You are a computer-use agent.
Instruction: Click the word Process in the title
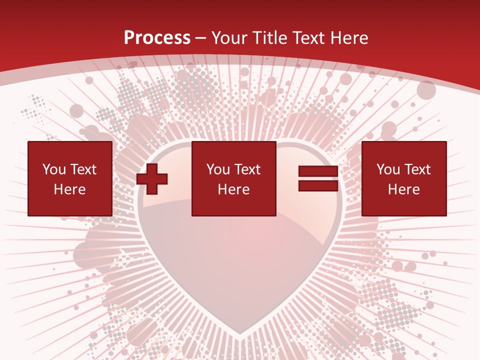tap(157, 37)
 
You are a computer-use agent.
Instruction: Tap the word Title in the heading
tap(270, 37)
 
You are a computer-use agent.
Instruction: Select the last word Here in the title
tap(349, 37)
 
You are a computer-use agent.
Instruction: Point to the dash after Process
tap(201, 38)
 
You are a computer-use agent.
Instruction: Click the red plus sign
tap(152, 178)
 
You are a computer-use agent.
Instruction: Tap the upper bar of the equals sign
tap(318, 171)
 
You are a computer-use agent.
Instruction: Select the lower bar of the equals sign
tap(318, 185)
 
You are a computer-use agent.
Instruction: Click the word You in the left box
tap(53, 169)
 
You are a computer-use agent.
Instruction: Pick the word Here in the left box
tap(69, 189)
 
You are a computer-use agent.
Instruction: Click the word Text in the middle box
tap(247, 169)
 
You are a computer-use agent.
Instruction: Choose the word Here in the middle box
tap(233, 189)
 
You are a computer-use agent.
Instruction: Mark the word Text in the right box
tap(417, 169)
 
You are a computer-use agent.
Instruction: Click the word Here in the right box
tap(403, 189)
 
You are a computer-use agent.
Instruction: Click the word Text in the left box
tap(83, 169)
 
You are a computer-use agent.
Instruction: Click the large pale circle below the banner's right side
tap(426, 90)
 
